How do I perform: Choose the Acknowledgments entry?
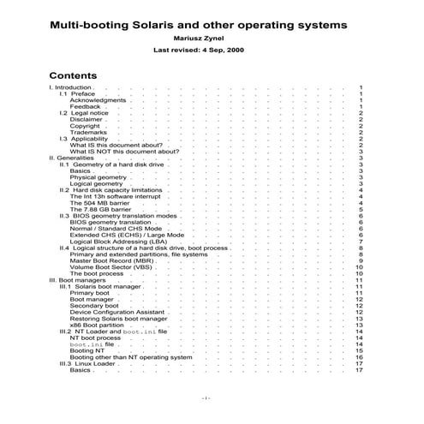[98, 100]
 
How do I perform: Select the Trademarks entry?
[89, 132]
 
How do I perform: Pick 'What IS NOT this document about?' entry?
[124, 152]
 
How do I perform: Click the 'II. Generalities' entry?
[72, 158]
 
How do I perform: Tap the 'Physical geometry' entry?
[98, 177]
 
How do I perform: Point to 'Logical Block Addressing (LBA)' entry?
[120, 242]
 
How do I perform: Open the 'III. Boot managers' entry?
[77, 280]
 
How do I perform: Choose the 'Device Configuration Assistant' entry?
[116, 313]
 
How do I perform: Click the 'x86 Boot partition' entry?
[97, 325]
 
